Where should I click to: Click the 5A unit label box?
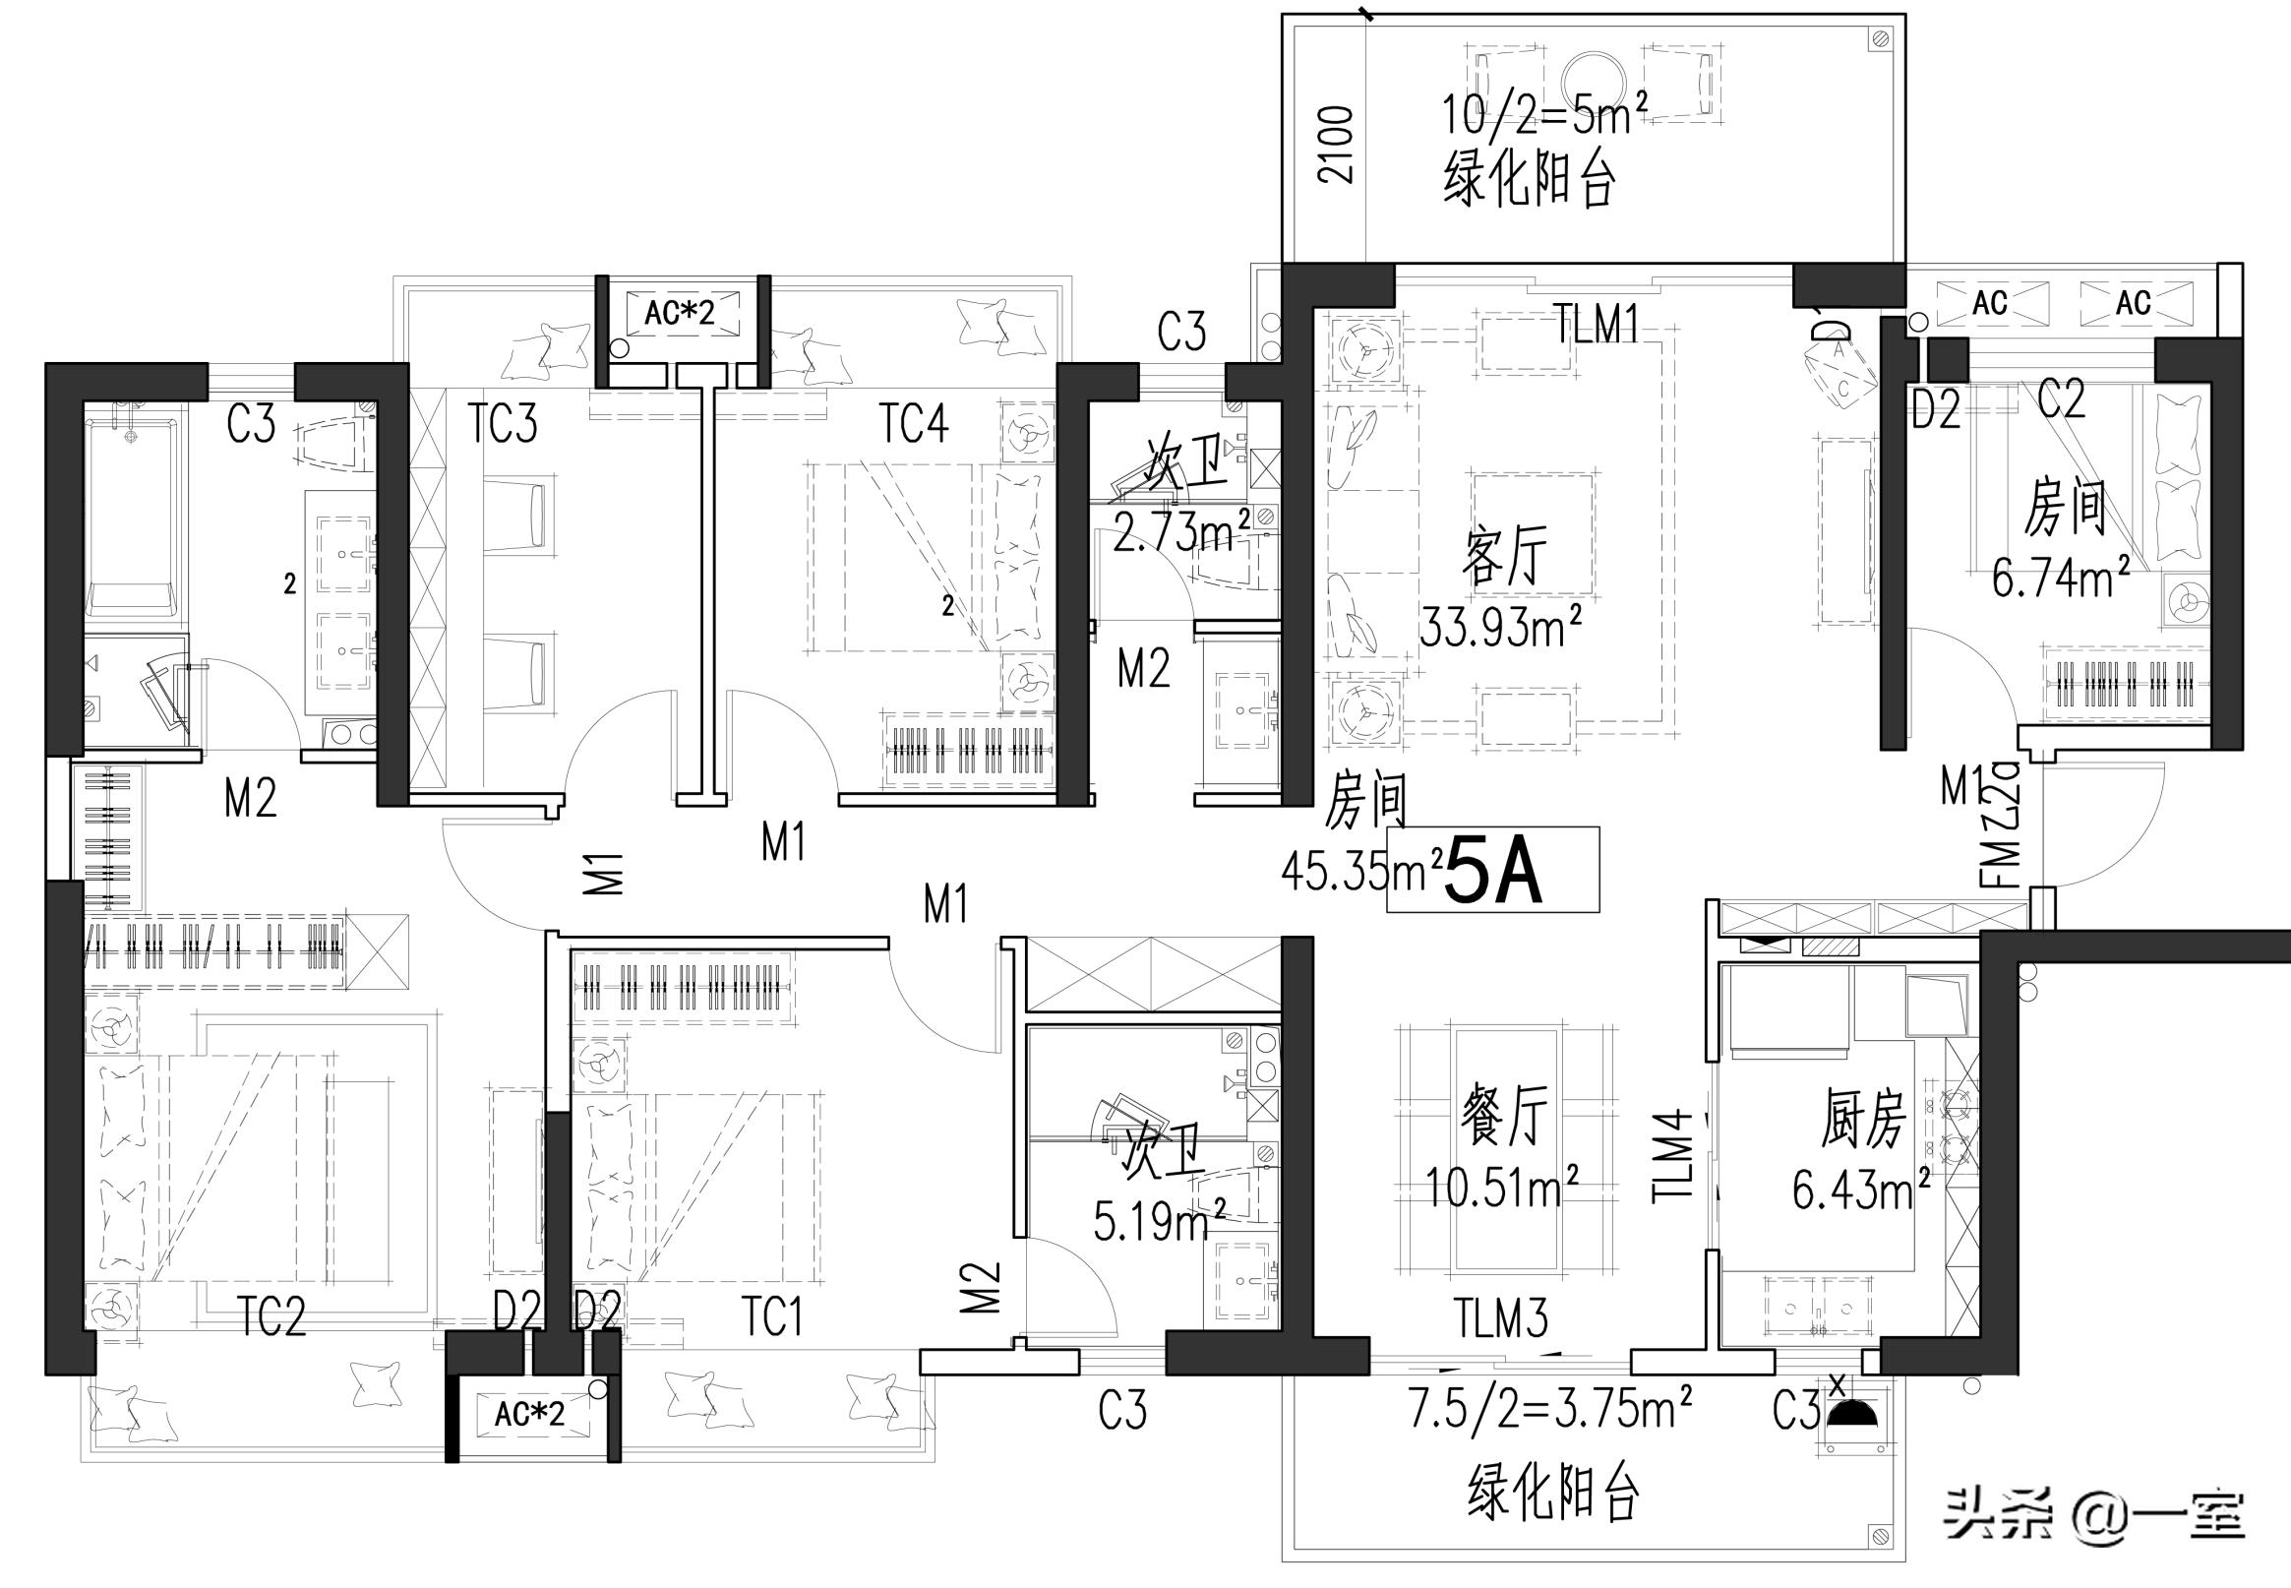pyautogui.click(x=1492, y=870)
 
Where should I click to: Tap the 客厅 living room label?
pyautogui.click(x=1504, y=557)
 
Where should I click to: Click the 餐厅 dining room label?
pyautogui.click(x=1503, y=1117)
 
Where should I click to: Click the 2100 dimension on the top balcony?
pyautogui.click(x=1336, y=146)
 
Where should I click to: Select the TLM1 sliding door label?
pyautogui.click(x=1598, y=325)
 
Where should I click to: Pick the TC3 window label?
pyautogui.click(x=503, y=423)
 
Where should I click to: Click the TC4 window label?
pyautogui.click(x=913, y=423)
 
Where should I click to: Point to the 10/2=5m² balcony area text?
pyautogui.click(x=1537, y=115)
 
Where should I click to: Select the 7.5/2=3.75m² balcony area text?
pyautogui.click(x=1550, y=1409)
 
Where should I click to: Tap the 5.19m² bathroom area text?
pyautogui.click(x=1159, y=1222)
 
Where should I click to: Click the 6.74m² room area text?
pyautogui.click(x=2060, y=578)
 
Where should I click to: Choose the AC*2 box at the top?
pyautogui.click(x=680, y=314)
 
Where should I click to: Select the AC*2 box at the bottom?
pyautogui.click(x=529, y=1414)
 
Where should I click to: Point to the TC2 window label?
pyautogui.click(x=271, y=1317)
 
